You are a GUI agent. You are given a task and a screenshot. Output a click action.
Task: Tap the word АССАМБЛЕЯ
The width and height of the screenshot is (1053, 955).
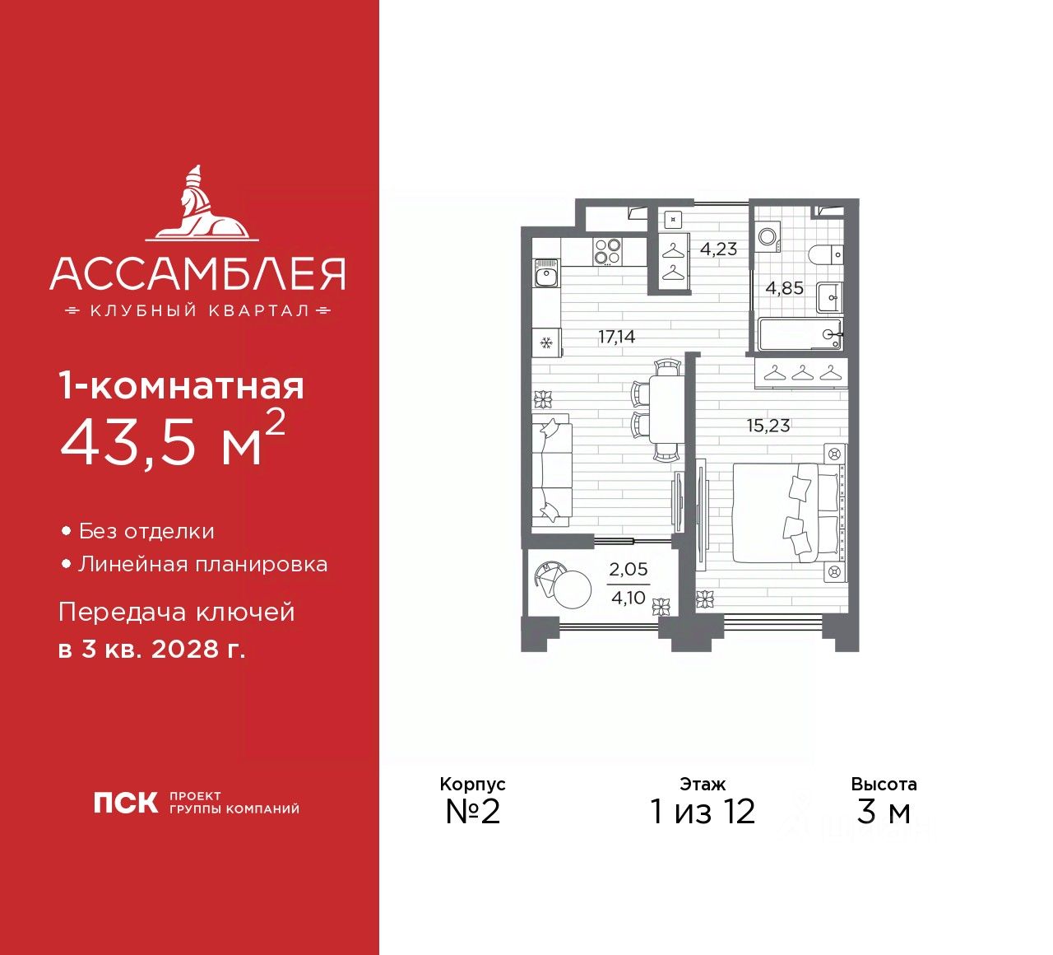coord(197,274)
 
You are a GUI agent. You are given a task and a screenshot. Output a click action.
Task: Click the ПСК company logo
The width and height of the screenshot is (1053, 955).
coord(125,802)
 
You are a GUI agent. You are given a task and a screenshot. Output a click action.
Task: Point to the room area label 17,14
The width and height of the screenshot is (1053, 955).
coord(617,337)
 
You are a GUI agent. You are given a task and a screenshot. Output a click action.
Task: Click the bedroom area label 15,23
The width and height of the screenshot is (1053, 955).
coord(768,426)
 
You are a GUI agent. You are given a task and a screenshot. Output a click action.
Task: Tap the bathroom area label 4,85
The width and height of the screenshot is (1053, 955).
coord(784,288)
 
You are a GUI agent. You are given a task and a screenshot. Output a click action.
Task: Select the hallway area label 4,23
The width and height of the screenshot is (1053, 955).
coord(718,249)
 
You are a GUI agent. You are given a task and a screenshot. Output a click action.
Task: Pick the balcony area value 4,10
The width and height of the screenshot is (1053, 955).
coord(629,599)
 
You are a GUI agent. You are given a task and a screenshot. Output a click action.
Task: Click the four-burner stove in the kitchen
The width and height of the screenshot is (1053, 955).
coord(607,250)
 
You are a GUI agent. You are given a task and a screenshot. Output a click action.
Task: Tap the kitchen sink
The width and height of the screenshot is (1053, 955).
coord(546,273)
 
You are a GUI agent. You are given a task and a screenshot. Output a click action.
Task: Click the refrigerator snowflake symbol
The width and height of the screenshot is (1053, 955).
coord(545,342)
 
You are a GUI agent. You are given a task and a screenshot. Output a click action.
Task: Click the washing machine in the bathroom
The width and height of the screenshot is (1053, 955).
coord(768,236)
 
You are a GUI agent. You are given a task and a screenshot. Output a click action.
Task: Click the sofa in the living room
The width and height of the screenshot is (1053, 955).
coord(550,470)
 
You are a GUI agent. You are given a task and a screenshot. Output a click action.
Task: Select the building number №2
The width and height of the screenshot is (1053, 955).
coord(472,812)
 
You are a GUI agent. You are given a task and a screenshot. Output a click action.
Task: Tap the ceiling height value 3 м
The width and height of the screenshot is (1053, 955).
coord(884,812)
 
